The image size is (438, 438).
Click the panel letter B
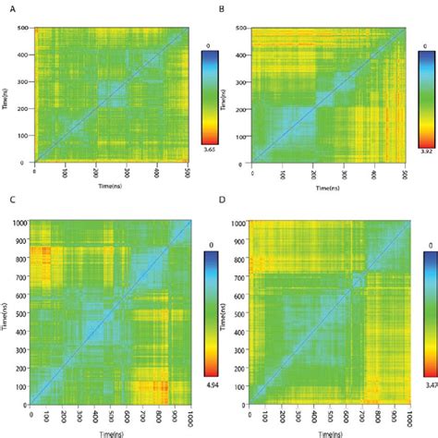click(x=223, y=7)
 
